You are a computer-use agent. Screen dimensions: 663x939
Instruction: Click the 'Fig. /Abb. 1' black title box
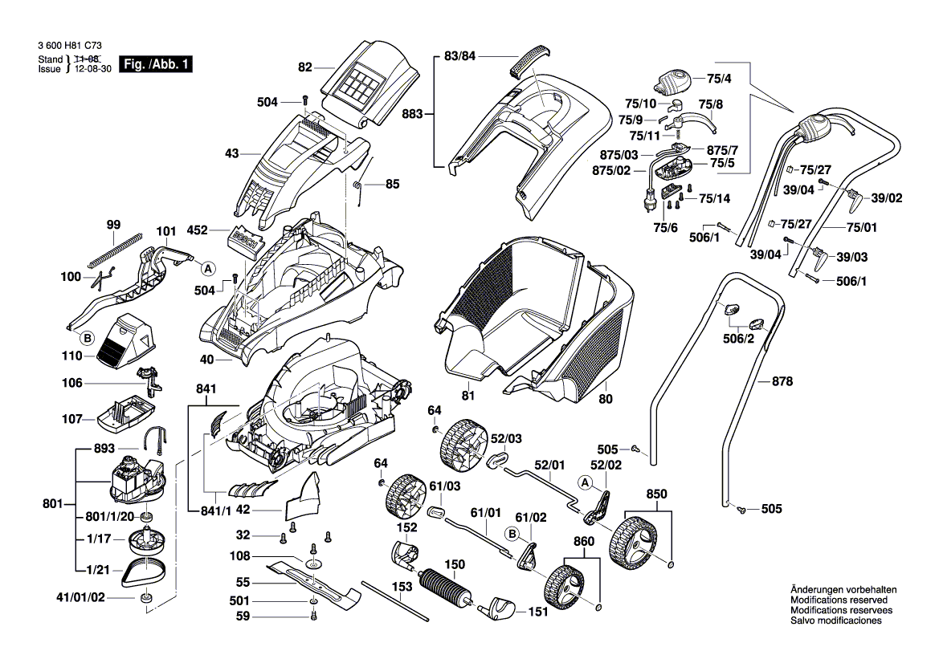click(x=156, y=64)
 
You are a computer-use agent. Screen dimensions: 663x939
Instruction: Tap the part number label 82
click(x=304, y=67)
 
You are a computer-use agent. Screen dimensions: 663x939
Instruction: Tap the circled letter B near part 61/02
click(x=511, y=533)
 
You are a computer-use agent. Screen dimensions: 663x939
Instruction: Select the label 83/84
click(x=460, y=56)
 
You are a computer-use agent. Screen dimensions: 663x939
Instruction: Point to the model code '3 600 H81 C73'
click(x=69, y=48)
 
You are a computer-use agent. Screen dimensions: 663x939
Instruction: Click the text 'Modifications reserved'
click(x=839, y=600)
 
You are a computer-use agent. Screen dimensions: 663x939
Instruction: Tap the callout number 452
click(x=198, y=230)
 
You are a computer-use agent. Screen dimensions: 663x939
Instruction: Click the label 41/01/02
click(x=80, y=597)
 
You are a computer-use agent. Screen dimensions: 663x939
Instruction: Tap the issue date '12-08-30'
click(x=89, y=70)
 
